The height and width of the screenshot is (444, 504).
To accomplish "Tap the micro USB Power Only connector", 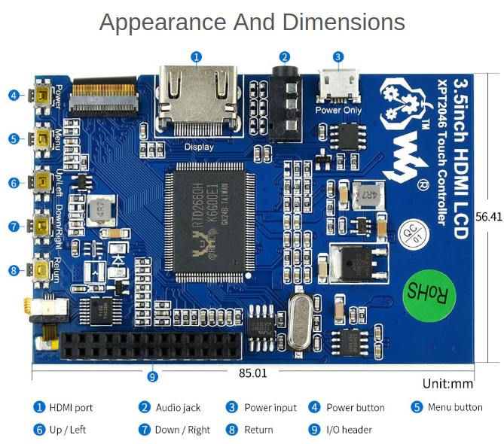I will pyautogui.click(x=338, y=86).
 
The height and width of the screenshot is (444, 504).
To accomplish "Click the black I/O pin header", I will pyautogui.click(x=151, y=345).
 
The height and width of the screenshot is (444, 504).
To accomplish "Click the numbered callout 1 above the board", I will pyautogui.click(x=197, y=56).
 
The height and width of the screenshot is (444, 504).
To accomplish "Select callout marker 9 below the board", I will pyautogui.click(x=153, y=376).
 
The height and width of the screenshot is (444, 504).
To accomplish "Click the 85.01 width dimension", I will pyautogui.click(x=253, y=373).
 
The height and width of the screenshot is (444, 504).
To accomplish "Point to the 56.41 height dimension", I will pyautogui.click(x=488, y=216).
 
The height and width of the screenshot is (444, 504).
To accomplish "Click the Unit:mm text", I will pyautogui.click(x=447, y=384).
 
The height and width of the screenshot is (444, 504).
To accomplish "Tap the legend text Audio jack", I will pyautogui.click(x=178, y=408).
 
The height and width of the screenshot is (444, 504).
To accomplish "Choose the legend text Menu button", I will pyautogui.click(x=454, y=407).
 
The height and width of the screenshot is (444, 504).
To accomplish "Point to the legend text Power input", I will pyautogui.click(x=270, y=408).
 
